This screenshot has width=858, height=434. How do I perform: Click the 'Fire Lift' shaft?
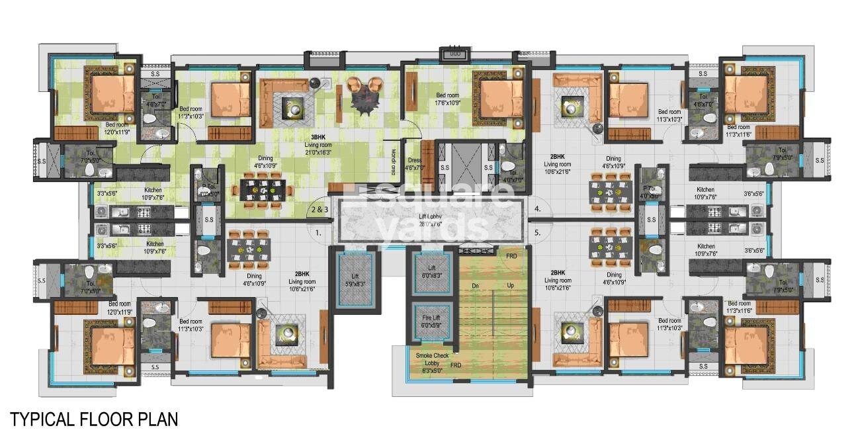[431, 322]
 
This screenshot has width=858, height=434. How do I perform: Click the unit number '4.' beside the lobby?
[538, 210]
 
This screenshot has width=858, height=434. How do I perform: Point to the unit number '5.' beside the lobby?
[538, 232]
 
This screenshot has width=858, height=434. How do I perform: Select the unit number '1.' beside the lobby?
[318, 232]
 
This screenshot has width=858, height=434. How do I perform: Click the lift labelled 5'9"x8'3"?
[356, 277]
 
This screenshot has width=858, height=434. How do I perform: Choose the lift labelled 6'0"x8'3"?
[431, 272]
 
